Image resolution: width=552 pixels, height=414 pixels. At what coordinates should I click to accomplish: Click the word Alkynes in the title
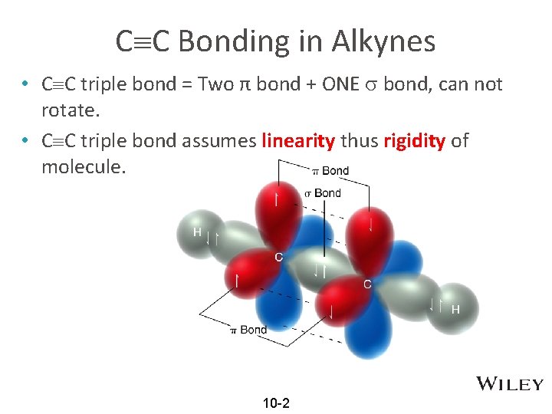tap(383, 41)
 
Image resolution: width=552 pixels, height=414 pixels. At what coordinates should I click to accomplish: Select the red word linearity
tap(298, 141)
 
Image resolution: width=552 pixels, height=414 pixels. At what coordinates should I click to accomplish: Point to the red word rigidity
tap(414, 141)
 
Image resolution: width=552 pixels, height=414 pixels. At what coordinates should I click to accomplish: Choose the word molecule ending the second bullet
tap(80, 167)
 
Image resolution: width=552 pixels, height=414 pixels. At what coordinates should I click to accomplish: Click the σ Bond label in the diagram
tap(322, 193)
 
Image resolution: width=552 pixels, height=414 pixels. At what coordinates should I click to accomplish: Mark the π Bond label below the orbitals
tap(248, 330)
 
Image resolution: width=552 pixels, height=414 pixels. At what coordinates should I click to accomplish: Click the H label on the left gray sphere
tap(197, 232)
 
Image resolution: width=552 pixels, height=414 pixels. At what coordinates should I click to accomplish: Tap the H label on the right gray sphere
tap(455, 310)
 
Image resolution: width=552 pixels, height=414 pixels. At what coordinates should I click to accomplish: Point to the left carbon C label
tap(279, 257)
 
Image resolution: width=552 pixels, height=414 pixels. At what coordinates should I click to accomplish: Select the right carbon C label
tap(367, 284)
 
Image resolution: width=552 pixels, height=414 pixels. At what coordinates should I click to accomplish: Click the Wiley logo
tap(510, 384)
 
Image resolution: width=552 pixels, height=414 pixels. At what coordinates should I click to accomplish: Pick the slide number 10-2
tap(276, 403)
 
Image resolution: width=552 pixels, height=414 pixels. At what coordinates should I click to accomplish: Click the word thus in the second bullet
tap(359, 141)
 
